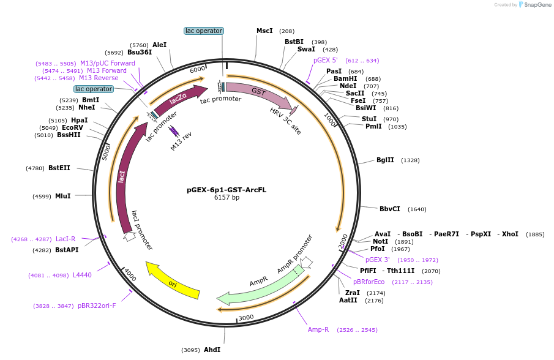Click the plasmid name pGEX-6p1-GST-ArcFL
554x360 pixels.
click(x=226, y=190)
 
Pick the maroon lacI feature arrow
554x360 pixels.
click(x=122, y=178)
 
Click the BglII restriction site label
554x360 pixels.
click(x=385, y=160)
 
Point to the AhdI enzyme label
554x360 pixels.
click(x=212, y=350)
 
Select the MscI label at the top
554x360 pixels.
click(x=264, y=31)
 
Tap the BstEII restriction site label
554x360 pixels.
click(x=59, y=168)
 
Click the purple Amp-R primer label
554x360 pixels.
click(x=318, y=329)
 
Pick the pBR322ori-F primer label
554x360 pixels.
click(x=97, y=306)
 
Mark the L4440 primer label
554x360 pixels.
click(x=82, y=275)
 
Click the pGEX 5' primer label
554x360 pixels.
click(x=326, y=60)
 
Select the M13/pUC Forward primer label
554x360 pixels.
click(x=108, y=63)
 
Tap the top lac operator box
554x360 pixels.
click(x=204, y=31)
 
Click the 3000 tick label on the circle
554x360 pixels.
click(x=246, y=317)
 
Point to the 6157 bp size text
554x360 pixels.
click(x=226, y=198)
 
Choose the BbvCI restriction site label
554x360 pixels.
click(x=390, y=209)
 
